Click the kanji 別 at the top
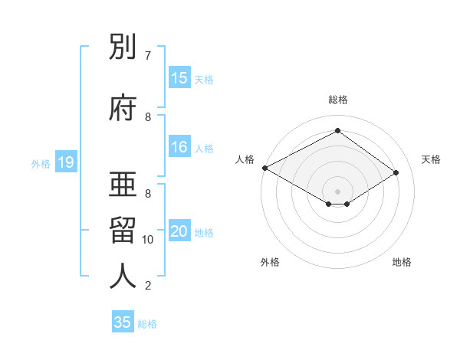tap(123, 48)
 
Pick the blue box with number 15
tap(179, 78)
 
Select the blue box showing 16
tap(179, 148)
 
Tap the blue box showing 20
tap(179, 232)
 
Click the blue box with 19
tap(65, 162)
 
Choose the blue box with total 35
tap(123, 322)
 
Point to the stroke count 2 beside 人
tap(148, 286)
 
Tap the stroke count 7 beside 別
tap(148, 56)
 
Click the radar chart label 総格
tap(337, 100)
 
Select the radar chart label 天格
tap(432, 159)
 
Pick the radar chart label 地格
tap(402, 262)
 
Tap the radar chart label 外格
tap(270, 262)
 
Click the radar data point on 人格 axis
tap(264, 168)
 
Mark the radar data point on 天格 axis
tap(396, 172)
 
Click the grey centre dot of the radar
tap(337, 191)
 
